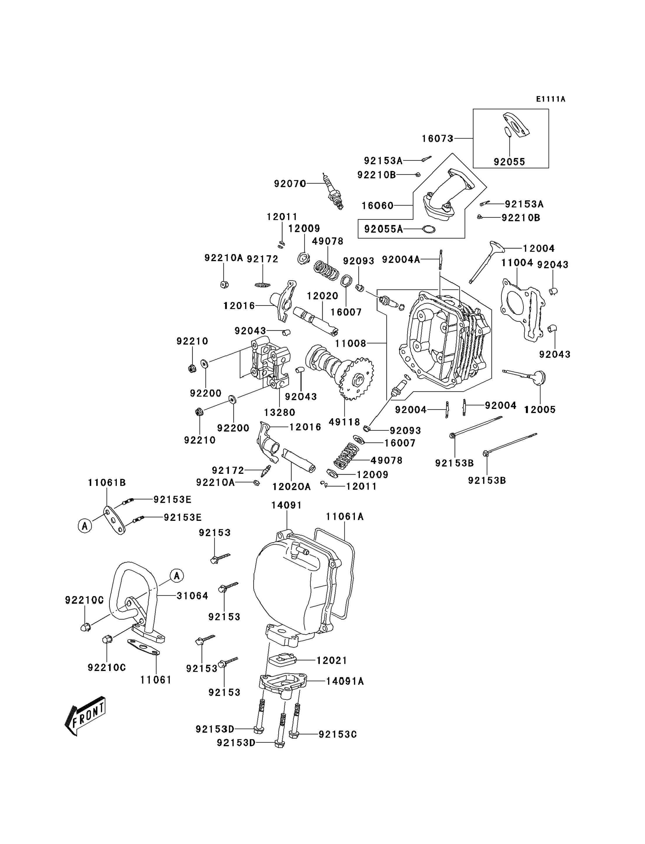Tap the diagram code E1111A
tap(551, 99)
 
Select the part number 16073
tap(437, 138)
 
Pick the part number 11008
tap(351, 343)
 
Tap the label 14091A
tap(345, 681)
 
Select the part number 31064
tap(192, 596)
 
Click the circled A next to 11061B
tap(85, 525)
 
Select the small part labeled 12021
tap(282, 661)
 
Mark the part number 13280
tap(280, 413)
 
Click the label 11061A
tap(344, 517)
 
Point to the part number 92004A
tap(401, 260)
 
